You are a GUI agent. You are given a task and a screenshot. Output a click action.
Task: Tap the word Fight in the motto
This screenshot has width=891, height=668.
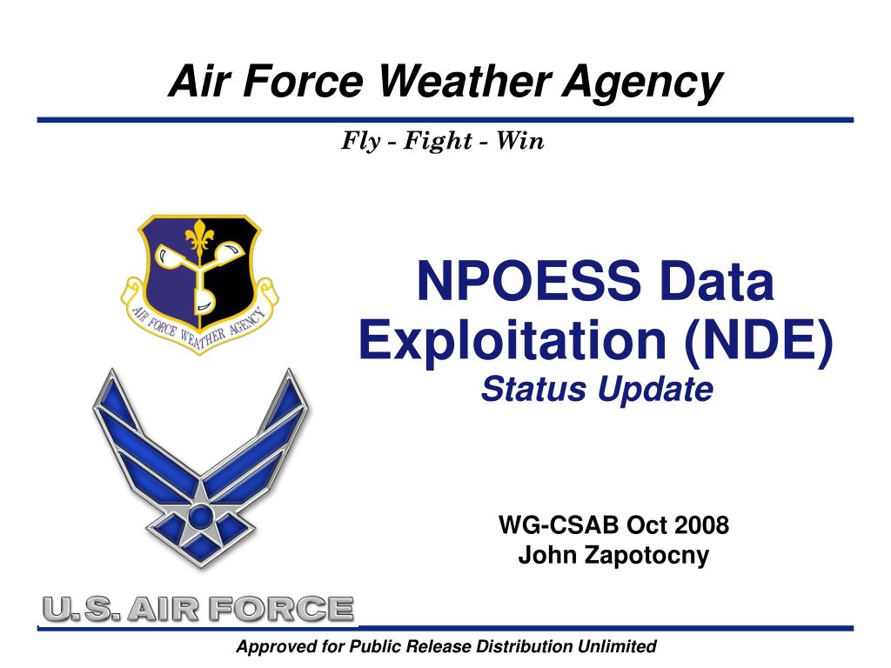[x=438, y=142]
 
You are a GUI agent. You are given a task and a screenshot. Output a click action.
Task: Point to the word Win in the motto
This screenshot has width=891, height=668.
[x=520, y=140]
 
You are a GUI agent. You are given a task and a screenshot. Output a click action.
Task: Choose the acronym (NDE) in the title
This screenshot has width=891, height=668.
[x=759, y=340]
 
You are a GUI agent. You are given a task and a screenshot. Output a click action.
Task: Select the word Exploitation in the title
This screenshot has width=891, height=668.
[x=512, y=340]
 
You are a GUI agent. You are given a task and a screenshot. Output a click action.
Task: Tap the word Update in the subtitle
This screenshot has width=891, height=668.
[x=655, y=391]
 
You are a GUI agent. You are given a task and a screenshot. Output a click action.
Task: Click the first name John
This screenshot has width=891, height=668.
[x=549, y=555]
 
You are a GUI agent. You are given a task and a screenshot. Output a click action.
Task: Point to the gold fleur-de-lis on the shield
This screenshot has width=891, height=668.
[x=199, y=237]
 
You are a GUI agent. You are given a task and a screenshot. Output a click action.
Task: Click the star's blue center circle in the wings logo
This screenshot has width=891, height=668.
[x=200, y=517]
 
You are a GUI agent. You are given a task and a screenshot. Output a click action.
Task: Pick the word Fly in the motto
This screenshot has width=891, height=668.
[x=361, y=142]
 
